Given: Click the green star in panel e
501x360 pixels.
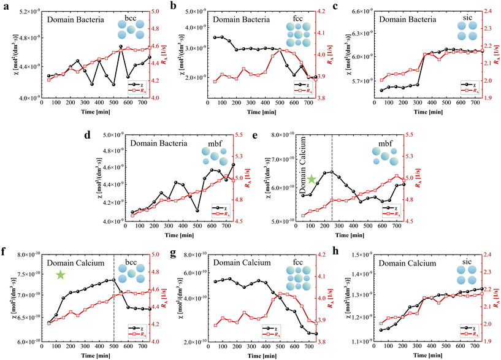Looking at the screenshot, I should point(312,179).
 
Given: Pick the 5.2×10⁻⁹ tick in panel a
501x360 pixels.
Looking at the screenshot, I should point(26,12).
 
